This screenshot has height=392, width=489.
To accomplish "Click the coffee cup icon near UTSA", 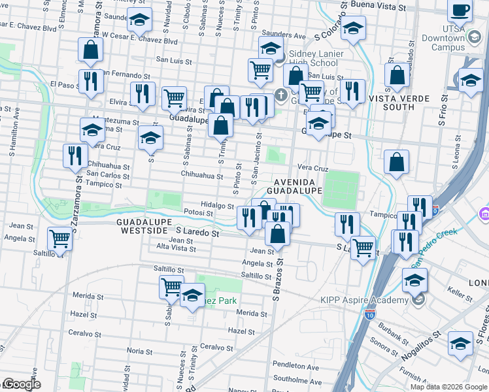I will tap(460, 11).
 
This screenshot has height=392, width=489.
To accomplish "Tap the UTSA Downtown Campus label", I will tap(461, 39).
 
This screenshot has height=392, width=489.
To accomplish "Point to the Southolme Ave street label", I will tap(297, 382).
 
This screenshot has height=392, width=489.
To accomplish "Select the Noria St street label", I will tap(139, 351).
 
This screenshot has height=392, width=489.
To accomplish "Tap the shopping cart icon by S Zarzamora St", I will tap(59, 238).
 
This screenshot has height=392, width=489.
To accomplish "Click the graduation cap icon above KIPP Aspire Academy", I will tap(414, 280).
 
